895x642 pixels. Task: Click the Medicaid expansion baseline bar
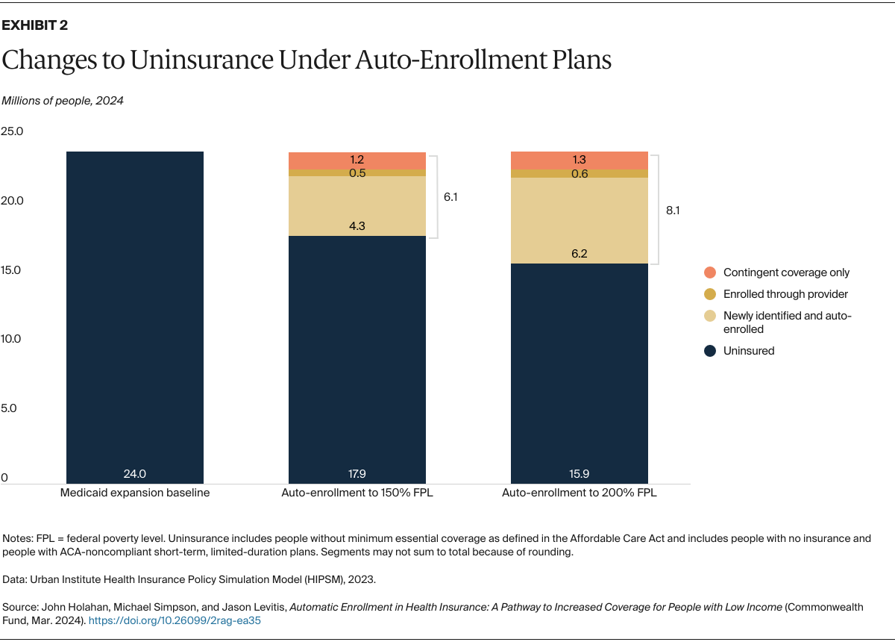135,314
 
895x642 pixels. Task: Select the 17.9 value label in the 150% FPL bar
357,473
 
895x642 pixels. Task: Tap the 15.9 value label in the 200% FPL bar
579,473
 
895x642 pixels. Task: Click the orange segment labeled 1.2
357,160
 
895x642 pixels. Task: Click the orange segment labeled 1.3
579,160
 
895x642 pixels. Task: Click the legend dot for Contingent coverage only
710,272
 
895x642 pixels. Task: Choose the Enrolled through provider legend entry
785,294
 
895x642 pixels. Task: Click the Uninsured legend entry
748,351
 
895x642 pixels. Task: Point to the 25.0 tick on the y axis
12,131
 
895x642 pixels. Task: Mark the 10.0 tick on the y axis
12,339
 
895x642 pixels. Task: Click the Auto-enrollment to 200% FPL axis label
579,493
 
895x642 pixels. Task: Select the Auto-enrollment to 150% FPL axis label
357,493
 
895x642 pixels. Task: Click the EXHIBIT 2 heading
35,25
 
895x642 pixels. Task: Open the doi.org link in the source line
175,620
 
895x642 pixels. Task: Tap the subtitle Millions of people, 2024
62,101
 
